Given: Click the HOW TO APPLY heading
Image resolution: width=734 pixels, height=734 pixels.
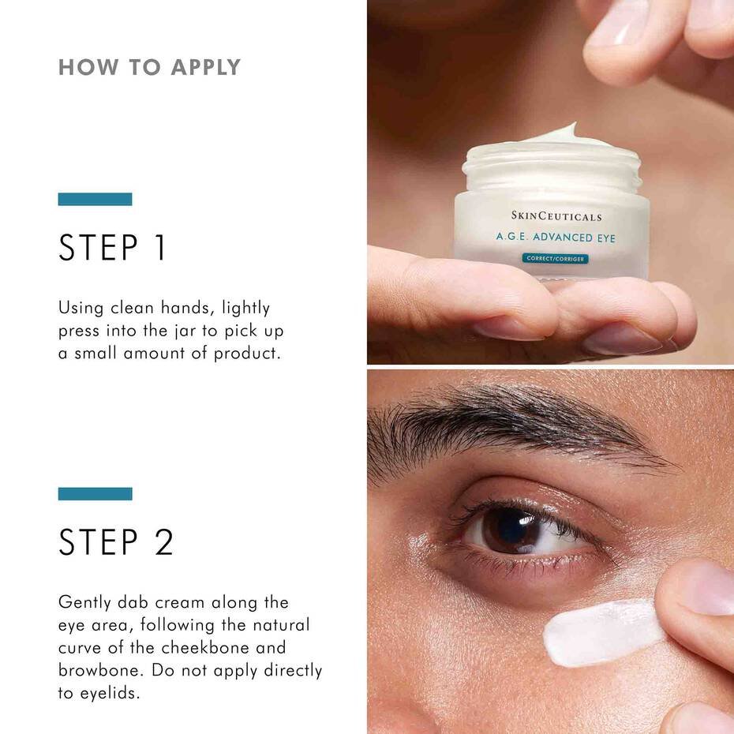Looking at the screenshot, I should tap(149, 67).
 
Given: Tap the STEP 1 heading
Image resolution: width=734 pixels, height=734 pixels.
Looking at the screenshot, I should tap(112, 248).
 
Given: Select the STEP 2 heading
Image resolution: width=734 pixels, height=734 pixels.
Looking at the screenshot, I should tap(115, 542).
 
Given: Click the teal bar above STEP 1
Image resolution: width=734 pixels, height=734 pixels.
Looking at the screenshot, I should tap(95, 199).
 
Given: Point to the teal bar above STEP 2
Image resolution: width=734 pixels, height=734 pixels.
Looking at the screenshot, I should tap(95, 493).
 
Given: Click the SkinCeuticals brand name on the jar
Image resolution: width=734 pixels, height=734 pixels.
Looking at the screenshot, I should tap(556, 216).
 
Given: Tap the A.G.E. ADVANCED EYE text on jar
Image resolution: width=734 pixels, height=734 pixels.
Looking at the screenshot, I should tap(556, 237).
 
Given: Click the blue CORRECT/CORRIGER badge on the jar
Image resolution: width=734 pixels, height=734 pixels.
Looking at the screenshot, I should tap(556, 258).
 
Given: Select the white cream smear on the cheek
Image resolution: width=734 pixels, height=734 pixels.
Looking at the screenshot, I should tap(601, 632).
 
